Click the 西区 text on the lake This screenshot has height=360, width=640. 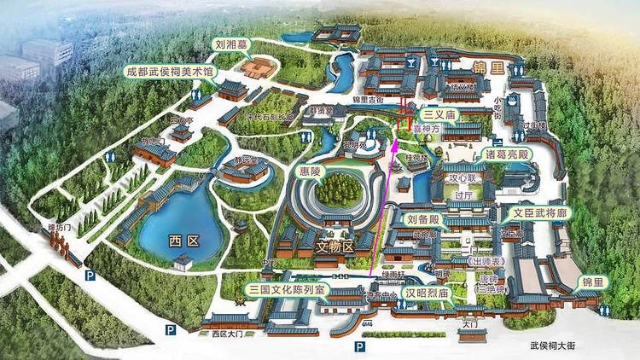tap(183, 241)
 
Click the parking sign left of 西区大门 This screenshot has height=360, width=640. tap(171, 329)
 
